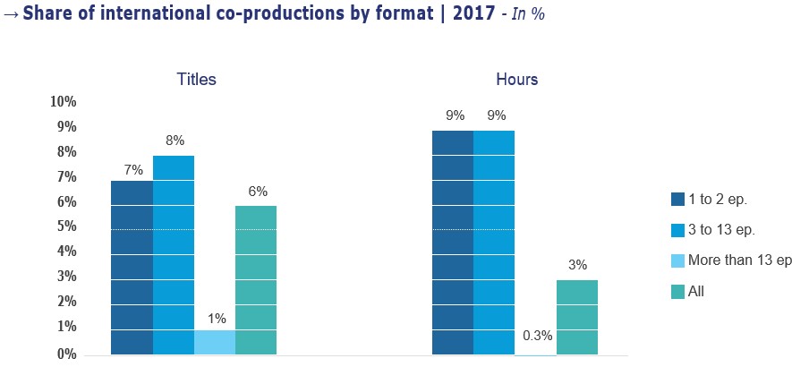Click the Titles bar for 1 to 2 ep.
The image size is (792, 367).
pos(132,268)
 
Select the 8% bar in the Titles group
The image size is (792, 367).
pos(174,255)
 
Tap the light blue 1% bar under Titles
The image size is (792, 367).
pos(215,342)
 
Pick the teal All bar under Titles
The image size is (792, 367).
pos(256,280)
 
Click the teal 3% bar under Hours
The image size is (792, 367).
pos(577,317)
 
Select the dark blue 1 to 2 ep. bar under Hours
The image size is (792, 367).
pos(453,243)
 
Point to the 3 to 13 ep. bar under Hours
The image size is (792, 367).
pos(494,243)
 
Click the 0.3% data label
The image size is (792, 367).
pos(536,337)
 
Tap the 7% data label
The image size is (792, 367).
pos(132,168)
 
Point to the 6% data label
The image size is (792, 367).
pos(258,191)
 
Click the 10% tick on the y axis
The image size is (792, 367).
pos(64,102)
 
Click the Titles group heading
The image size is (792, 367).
pos(196,80)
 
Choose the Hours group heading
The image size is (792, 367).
pos(517,80)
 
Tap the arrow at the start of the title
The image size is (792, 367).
pos(12,16)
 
